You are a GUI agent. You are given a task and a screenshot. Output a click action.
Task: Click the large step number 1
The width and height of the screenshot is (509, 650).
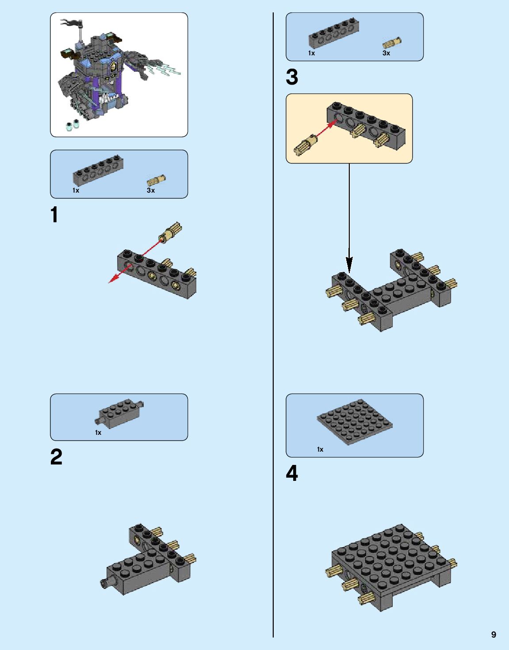tap(54, 214)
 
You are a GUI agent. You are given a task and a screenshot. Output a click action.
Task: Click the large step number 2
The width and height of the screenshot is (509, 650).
tap(56, 457)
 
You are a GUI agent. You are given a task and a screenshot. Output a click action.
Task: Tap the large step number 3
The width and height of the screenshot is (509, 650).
tap(292, 77)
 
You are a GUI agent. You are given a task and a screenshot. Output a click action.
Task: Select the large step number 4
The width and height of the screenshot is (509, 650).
tap(292, 473)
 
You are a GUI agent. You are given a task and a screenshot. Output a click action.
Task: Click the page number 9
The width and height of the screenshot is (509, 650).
tap(494, 635)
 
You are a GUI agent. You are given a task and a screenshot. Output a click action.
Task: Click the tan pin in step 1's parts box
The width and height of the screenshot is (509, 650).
tap(156, 181)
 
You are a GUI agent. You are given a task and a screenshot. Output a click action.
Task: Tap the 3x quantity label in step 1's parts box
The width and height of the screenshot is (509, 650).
tap(150, 190)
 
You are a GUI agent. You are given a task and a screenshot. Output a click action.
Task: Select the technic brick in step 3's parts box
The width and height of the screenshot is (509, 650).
tap(333, 34)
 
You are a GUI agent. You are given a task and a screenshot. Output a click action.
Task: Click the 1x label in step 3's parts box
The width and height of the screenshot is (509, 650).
tap(312, 53)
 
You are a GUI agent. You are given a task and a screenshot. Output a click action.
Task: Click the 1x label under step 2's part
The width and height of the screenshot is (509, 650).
tap(98, 433)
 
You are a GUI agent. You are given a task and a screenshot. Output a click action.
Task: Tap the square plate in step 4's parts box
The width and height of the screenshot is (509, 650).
tap(355, 422)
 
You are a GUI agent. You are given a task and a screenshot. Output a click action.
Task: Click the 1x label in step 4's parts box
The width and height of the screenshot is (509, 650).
tap(320, 449)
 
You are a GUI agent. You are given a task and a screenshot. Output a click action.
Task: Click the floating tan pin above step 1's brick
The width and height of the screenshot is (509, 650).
tap(170, 232)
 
